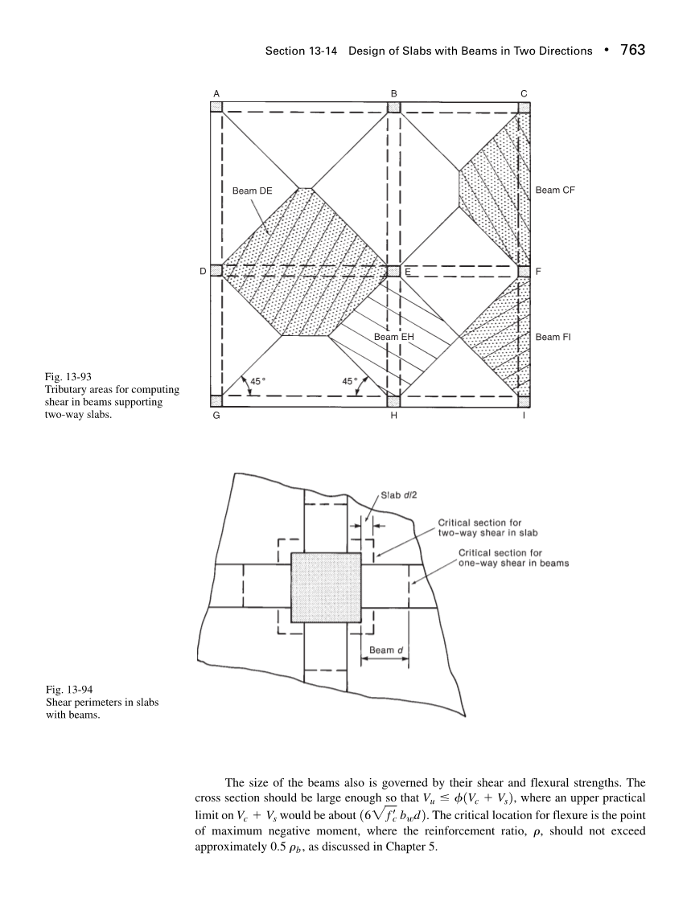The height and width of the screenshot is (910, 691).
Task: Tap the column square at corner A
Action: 216,106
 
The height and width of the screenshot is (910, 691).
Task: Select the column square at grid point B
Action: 393,106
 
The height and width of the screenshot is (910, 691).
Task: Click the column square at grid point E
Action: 393,271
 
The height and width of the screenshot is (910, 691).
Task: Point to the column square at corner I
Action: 524,400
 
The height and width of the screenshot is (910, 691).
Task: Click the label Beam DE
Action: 252,191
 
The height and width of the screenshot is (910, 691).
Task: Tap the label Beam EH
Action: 393,337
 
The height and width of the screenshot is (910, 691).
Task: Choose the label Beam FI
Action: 553,337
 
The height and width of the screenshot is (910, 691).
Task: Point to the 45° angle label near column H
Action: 352,381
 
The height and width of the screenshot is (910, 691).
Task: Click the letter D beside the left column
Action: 204,272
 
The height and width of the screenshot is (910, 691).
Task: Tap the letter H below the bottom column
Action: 393,417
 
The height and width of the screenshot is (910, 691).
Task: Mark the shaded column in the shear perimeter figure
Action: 326,587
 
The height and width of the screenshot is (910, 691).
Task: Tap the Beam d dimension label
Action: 382,650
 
